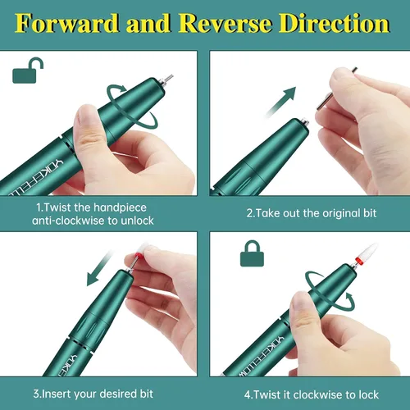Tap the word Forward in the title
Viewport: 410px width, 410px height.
click(66, 24)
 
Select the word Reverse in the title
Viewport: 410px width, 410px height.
click(225, 24)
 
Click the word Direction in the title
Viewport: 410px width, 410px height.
click(334, 24)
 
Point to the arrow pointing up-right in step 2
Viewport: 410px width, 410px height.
click(281, 101)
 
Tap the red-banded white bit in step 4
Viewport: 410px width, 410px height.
click(366, 253)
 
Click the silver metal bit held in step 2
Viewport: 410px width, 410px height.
click(336, 89)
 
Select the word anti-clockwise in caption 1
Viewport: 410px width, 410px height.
click(67, 221)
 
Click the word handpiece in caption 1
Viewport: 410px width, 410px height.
click(120, 207)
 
